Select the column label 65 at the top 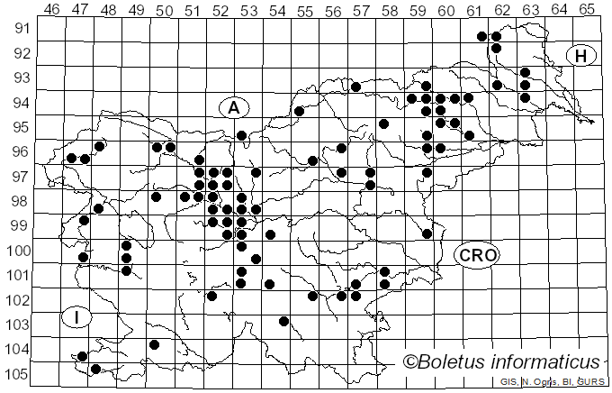(x=586, y=9)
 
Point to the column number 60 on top (x=445, y=9)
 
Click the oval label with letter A (x=234, y=107)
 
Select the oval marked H (x=581, y=56)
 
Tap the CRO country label (x=477, y=255)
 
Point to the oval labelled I (x=77, y=316)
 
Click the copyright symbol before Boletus (x=411, y=362)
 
